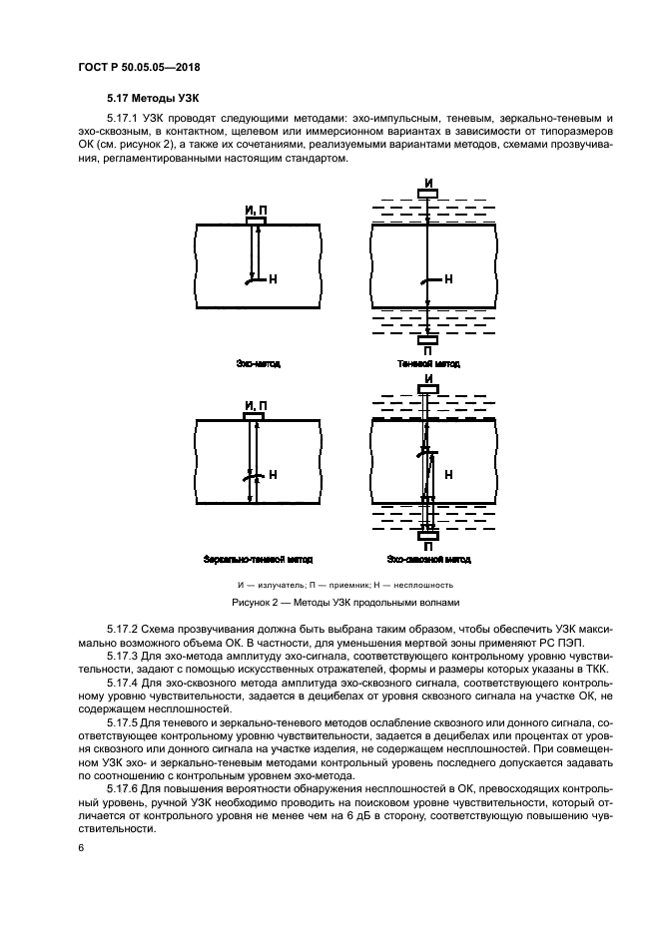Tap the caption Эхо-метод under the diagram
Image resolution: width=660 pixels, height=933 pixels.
[x=258, y=364]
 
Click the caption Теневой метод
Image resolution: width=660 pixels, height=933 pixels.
[x=427, y=364]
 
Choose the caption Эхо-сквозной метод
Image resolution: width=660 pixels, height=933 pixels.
[x=427, y=560]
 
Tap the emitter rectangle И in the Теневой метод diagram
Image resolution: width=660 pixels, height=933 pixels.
[x=427, y=193]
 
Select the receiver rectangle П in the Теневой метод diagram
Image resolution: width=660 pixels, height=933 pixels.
[x=427, y=340]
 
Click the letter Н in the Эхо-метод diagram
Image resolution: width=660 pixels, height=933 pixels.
[x=273, y=280]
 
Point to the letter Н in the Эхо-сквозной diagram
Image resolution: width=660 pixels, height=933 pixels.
[x=448, y=474]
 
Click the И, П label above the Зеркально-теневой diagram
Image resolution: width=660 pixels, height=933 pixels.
[x=257, y=404]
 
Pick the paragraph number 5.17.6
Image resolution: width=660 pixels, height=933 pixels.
[x=127, y=788]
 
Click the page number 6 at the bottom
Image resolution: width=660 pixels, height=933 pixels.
[x=80, y=847]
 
